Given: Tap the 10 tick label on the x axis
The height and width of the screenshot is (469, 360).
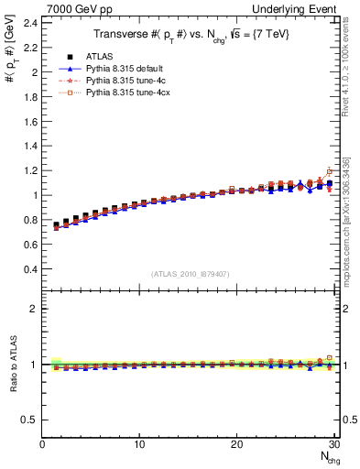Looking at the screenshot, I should (x=139, y=445).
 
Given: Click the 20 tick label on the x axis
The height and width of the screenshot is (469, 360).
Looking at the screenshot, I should (x=236, y=445).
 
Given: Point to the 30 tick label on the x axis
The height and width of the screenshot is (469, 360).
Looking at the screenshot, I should (x=333, y=445).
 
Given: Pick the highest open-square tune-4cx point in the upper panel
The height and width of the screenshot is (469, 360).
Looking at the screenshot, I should (x=329, y=171).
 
